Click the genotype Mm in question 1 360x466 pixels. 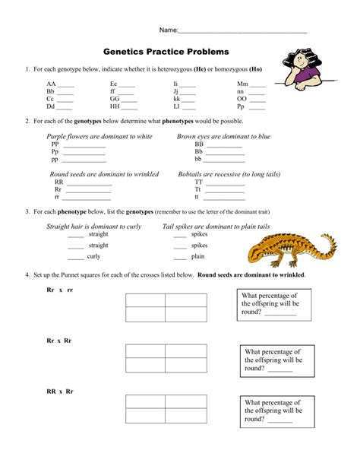[242, 84]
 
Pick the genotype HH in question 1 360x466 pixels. [115, 106]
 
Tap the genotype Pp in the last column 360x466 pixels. [241, 106]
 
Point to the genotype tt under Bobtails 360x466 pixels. [198, 198]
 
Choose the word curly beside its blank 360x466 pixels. [93, 257]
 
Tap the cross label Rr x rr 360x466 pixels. [59, 290]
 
